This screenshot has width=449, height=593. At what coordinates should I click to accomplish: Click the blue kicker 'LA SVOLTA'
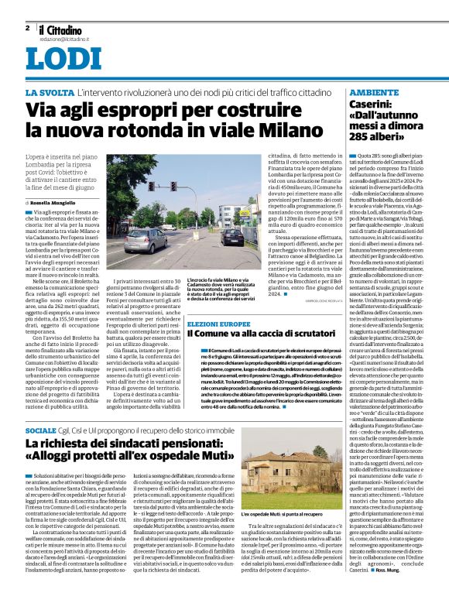point(50,93)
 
